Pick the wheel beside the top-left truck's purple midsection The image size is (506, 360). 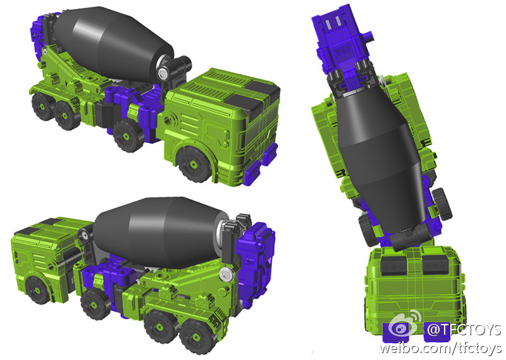click(128, 135)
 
